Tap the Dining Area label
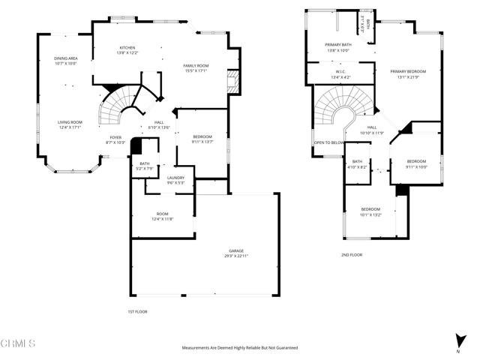click(66, 60)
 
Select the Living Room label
click(70, 121)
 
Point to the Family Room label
click(196, 66)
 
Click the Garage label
click(237, 250)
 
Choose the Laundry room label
click(175, 178)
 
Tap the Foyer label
click(115, 137)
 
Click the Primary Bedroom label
click(404, 71)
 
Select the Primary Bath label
click(338, 45)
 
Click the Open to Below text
click(329, 142)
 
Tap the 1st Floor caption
click(136, 310)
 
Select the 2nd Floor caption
click(352, 255)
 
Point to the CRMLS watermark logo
click(18, 343)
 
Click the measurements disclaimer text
click(239, 348)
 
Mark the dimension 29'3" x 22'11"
click(237, 256)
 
